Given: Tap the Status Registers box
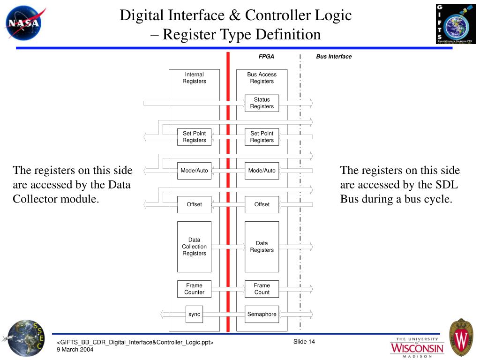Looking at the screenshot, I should click(x=262, y=103).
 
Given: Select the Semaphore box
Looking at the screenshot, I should click(x=262, y=314).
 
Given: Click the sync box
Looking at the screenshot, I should click(x=194, y=314).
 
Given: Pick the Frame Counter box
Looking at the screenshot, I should click(x=194, y=289).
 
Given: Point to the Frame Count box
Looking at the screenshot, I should click(x=262, y=289).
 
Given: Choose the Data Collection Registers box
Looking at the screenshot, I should click(x=194, y=247).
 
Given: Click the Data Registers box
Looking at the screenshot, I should click(x=262, y=247).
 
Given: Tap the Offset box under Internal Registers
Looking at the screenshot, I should click(x=194, y=204).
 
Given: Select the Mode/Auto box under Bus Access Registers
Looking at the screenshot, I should click(x=262, y=171).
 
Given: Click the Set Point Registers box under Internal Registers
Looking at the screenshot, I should click(x=194, y=137).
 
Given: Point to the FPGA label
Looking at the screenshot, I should click(x=266, y=57).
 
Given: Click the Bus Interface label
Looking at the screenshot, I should click(x=334, y=57).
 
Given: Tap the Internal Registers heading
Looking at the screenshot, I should click(x=194, y=78).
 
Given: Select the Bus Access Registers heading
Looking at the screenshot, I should click(x=262, y=78).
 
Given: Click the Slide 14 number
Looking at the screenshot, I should click(x=304, y=341).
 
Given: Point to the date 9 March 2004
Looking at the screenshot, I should click(x=75, y=349).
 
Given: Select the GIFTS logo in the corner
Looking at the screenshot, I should click(x=456, y=23).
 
